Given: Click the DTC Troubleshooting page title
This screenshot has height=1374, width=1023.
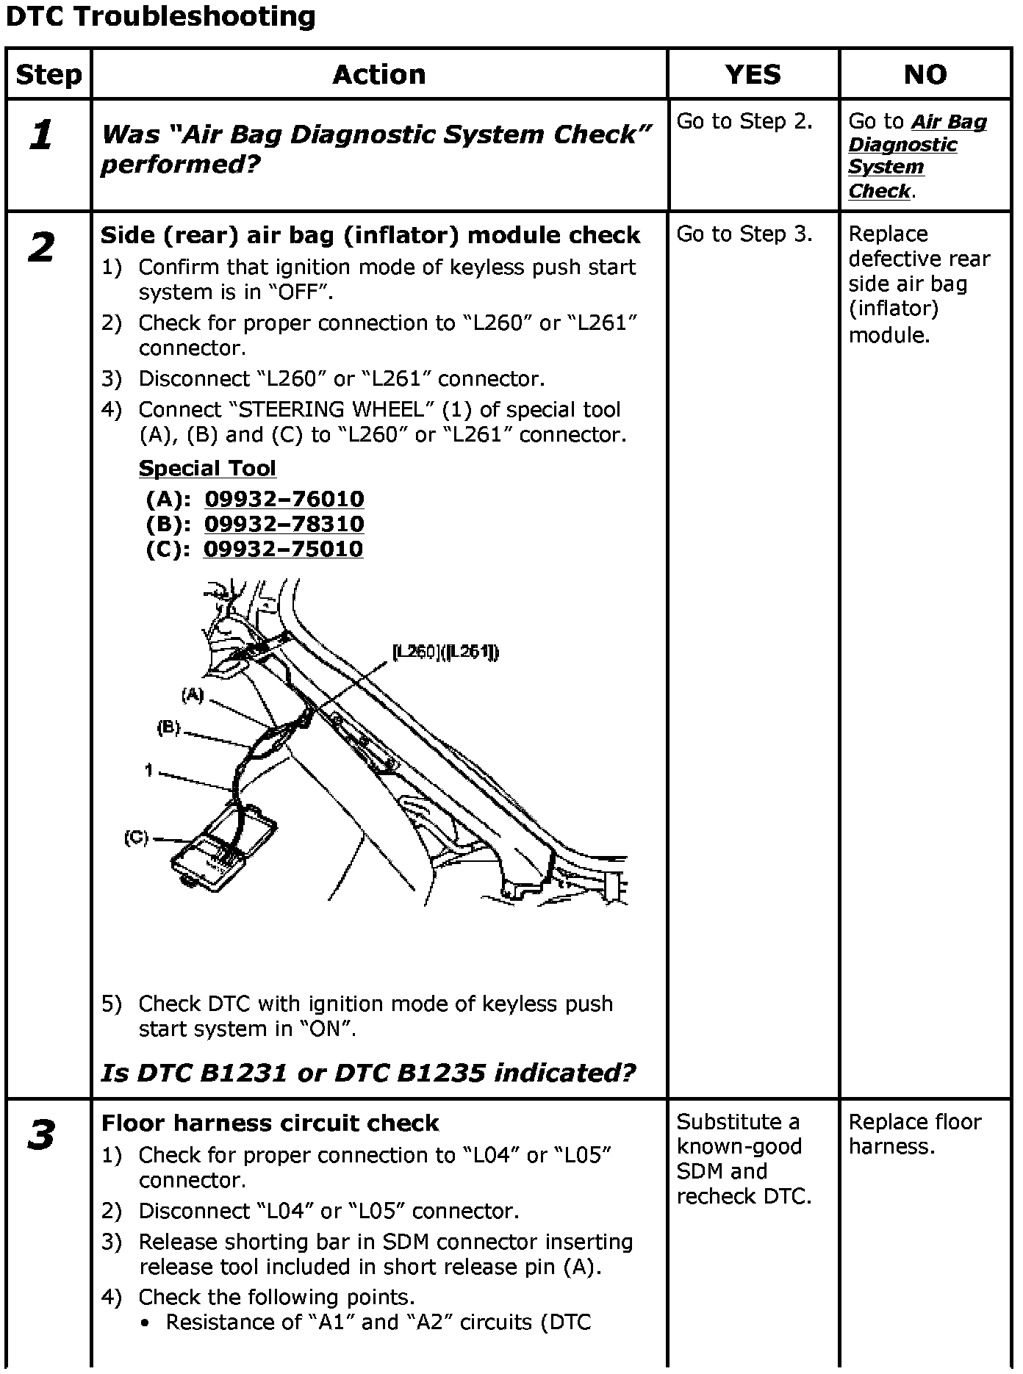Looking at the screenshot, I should [160, 16].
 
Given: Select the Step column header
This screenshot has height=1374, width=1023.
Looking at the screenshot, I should [49, 74].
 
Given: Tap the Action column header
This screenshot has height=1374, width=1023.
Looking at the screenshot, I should [378, 74].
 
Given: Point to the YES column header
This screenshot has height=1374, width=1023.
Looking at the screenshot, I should [753, 74].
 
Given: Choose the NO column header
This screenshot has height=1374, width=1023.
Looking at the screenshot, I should [925, 74].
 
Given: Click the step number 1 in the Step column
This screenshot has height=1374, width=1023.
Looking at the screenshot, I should [41, 135].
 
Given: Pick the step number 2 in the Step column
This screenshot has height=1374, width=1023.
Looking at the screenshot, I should [41, 247].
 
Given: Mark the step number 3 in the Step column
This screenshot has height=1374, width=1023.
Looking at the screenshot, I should [41, 1134].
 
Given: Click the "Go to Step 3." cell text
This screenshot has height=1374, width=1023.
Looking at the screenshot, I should [744, 234].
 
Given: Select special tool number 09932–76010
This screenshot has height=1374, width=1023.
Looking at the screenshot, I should [284, 499].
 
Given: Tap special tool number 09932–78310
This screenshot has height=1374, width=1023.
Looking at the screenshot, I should [284, 524].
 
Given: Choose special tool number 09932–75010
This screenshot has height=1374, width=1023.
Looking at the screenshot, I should [283, 549].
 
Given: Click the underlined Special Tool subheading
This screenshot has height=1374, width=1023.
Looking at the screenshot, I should [207, 468].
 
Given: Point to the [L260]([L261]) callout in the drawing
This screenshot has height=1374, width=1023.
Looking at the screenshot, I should [445, 652].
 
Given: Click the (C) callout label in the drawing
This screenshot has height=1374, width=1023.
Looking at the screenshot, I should [136, 838].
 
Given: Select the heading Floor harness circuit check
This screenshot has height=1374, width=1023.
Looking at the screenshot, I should [270, 1123].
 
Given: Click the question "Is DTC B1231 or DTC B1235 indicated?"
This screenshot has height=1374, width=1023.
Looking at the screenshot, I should [367, 1073].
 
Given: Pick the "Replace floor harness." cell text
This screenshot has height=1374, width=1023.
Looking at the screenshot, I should [914, 1134].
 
